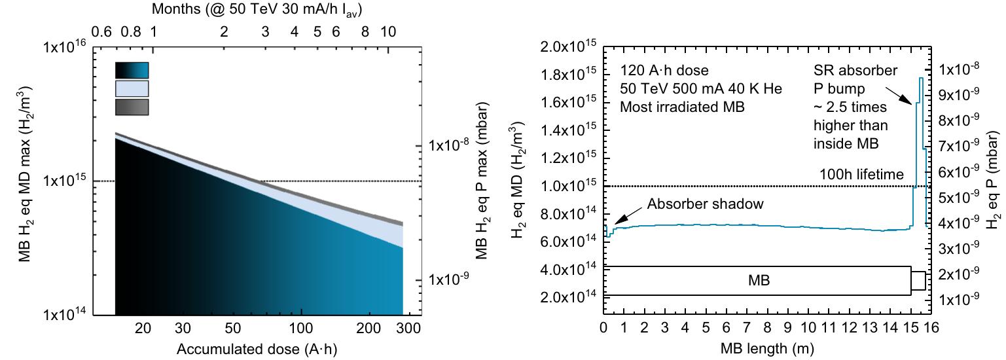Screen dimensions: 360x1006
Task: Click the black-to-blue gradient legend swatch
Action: (x=132, y=70)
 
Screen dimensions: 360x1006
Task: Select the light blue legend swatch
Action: (x=132, y=88)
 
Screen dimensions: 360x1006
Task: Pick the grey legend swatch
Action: (x=132, y=107)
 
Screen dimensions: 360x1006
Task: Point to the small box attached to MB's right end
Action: (x=918, y=281)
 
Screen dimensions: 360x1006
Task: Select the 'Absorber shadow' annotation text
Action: (x=706, y=204)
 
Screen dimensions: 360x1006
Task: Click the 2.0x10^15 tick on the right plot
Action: (x=569, y=48)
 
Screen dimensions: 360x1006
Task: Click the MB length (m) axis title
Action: (x=759, y=350)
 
